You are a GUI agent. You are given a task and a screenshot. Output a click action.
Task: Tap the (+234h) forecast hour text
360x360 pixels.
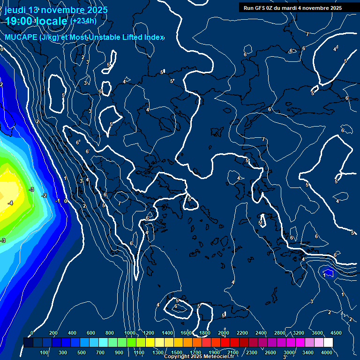point(83,21)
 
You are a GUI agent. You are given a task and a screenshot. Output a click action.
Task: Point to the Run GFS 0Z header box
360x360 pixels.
point(292,8)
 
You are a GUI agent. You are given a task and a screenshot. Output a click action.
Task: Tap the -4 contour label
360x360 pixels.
point(10,203)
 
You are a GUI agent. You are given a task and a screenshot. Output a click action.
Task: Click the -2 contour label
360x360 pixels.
point(44,195)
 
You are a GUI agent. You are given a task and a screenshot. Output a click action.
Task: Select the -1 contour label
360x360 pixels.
point(58,201)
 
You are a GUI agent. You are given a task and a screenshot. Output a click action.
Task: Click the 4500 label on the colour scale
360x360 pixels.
point(336,333)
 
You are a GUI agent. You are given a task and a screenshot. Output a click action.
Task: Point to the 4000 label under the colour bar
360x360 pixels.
point(327,352)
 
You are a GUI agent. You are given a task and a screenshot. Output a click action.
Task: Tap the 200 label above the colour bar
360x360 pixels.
point(53,333)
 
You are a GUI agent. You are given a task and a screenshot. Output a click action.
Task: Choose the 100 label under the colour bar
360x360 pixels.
point(44,352)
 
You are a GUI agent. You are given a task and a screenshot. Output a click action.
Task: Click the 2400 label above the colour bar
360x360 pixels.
point(261,333)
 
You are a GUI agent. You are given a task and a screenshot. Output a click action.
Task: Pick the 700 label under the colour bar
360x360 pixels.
point(100,352)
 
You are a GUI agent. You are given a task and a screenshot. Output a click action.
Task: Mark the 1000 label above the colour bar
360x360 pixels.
point(130,333)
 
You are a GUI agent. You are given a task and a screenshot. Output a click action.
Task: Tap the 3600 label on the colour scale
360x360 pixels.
point(317,333)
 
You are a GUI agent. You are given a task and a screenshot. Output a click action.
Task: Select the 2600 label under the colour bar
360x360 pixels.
point(270,352)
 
